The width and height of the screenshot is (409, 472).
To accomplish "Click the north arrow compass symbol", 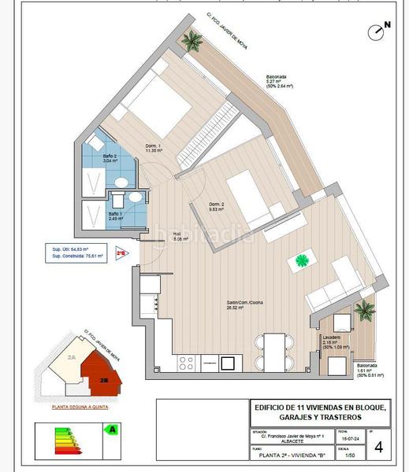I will (x=378, y=31).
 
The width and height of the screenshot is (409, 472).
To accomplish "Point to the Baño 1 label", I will (x=115, y=215).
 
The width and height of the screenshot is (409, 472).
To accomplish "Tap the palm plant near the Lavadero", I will (x=364, y=310).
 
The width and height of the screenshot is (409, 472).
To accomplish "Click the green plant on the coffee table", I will (x=303, y=260).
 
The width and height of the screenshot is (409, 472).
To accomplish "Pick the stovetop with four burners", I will (x=188, y=363).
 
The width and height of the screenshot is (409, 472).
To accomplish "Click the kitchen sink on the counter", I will (x=227, y=363).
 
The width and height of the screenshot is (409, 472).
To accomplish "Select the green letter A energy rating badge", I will (x=112, y=430).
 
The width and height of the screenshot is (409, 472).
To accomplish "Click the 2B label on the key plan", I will (x=103, y=379).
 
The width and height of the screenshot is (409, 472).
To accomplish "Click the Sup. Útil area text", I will (x=81, y=249).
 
